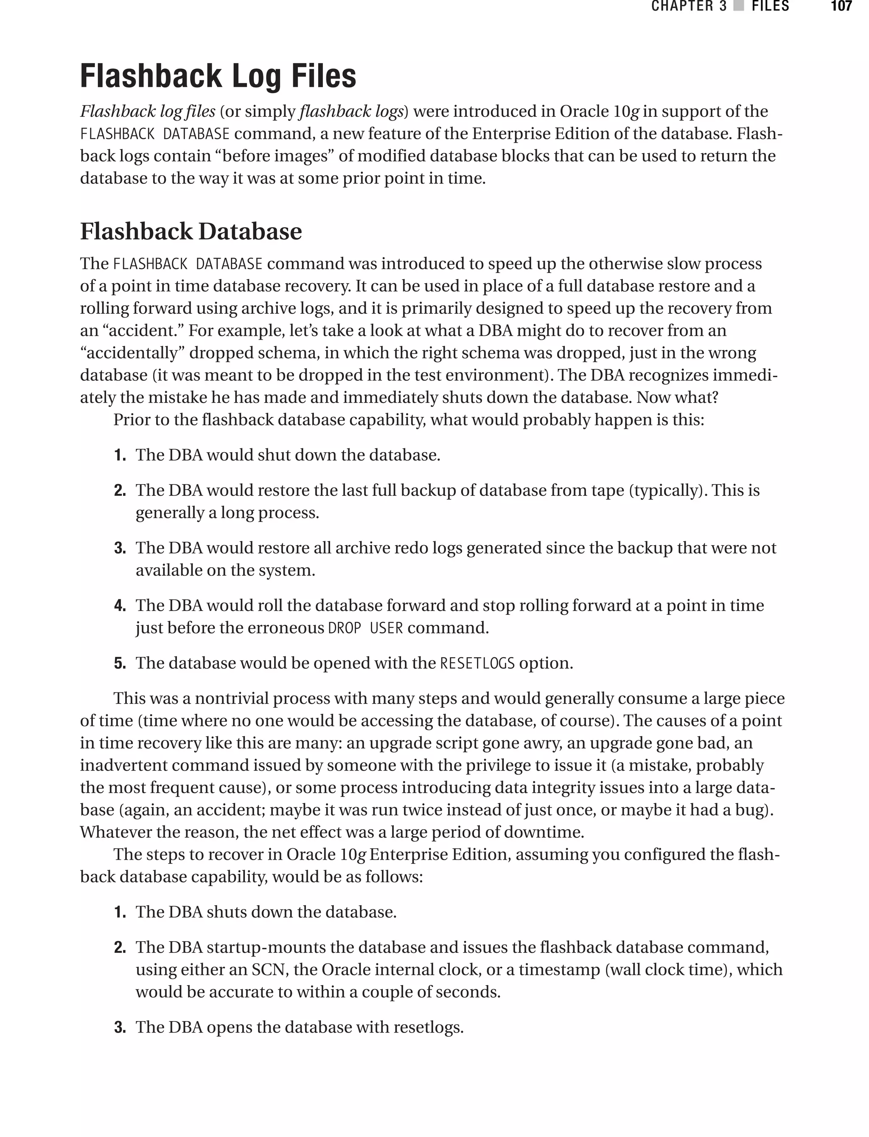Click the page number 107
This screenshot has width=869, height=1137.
[841, 6]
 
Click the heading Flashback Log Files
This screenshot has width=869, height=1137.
[218, 76]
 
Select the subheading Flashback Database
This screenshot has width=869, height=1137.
[191, 231]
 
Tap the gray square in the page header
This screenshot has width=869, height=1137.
[739, 6]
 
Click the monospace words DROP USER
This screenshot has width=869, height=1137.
[365, 628]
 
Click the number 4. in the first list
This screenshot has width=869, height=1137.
[120, 606]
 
